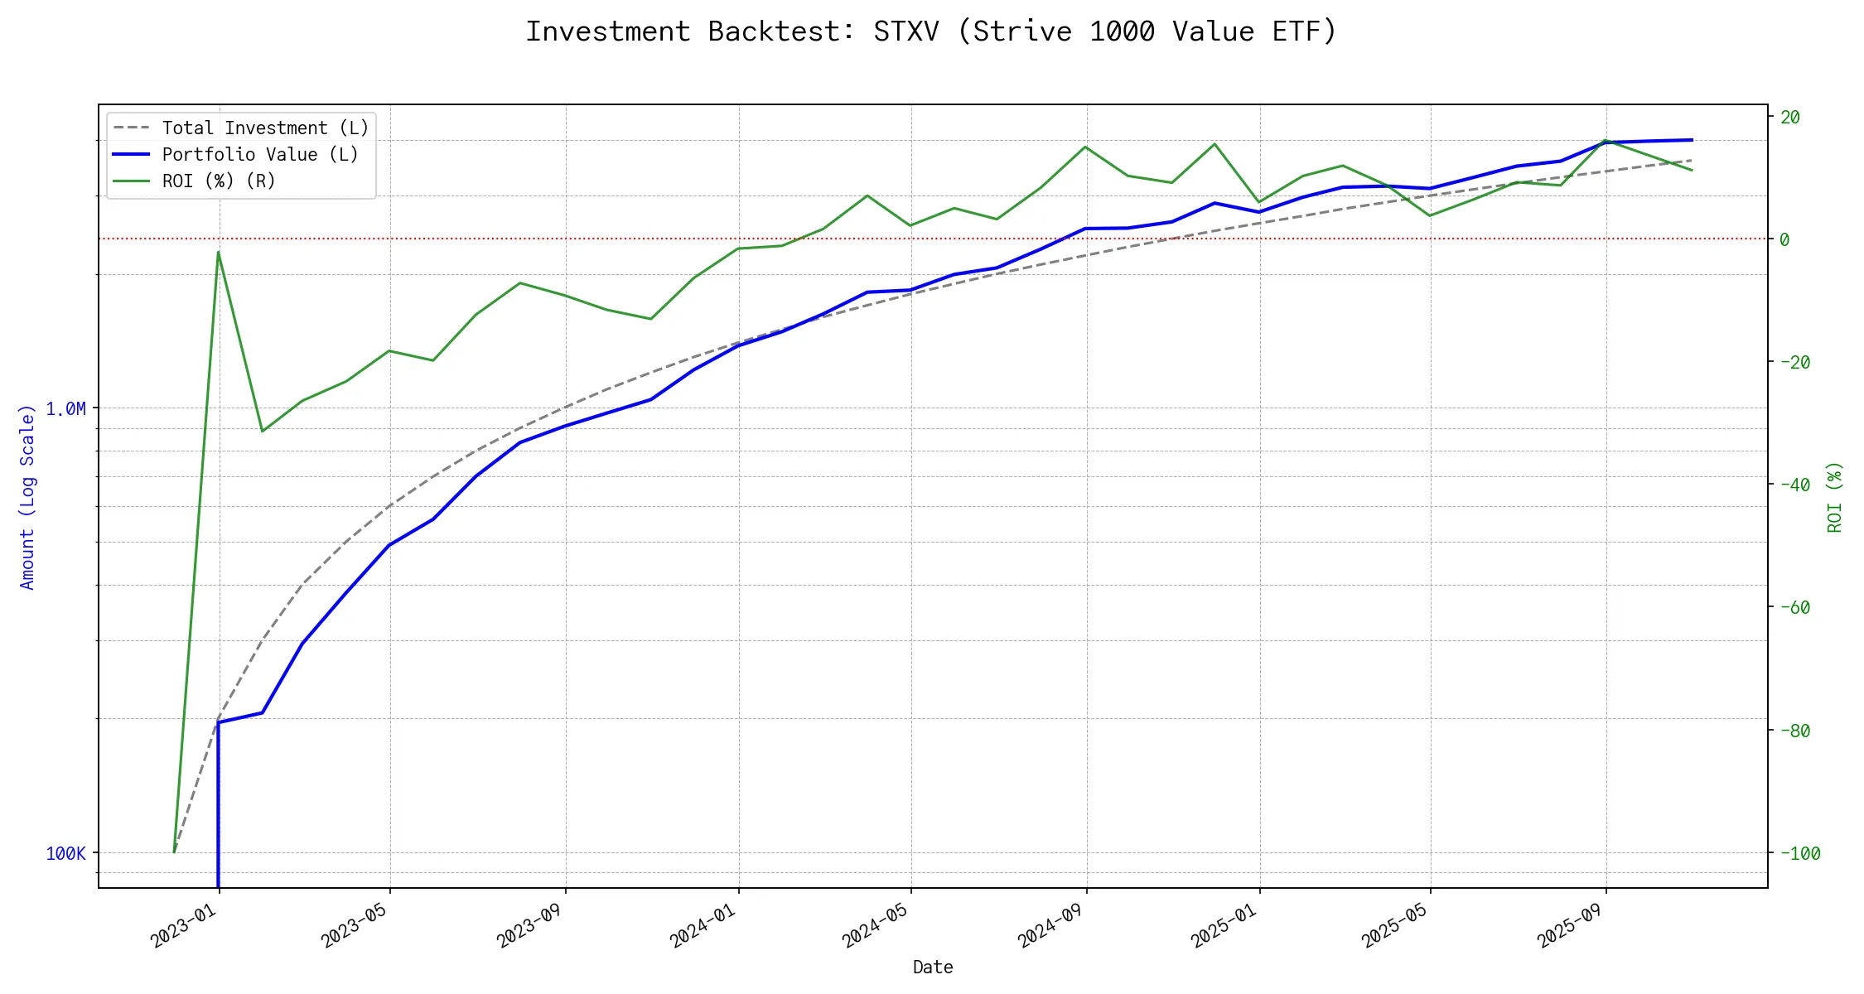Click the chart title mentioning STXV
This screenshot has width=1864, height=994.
click(x=931, y=31)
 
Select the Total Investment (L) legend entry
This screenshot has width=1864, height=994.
click(x=265, y=128)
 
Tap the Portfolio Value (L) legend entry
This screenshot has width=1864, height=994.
click(x=260, y=155)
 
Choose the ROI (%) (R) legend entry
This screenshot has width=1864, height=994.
click(x=219, y=181)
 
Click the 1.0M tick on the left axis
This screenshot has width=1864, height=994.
click(x=65, y=409)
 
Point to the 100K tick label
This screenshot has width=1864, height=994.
click(x=65, y=854)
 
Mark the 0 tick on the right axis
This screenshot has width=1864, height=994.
click(x=1785, y=240)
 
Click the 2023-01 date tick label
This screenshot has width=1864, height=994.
click(x=184, y=925)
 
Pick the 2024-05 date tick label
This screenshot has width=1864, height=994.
click(x=876, y=925)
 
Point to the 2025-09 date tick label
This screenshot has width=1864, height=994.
click(x=1571, y=925)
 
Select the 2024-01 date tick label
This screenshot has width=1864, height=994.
click(x=703, y=925)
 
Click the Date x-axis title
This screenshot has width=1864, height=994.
click(x=933, y=967)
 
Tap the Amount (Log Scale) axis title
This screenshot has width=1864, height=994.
click(x=27, y=497)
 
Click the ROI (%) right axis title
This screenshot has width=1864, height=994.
click(x=1835, y=497)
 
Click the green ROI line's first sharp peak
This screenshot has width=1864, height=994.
click(x=218, y=252)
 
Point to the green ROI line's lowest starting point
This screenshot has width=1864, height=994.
click(x=174, y=852)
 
